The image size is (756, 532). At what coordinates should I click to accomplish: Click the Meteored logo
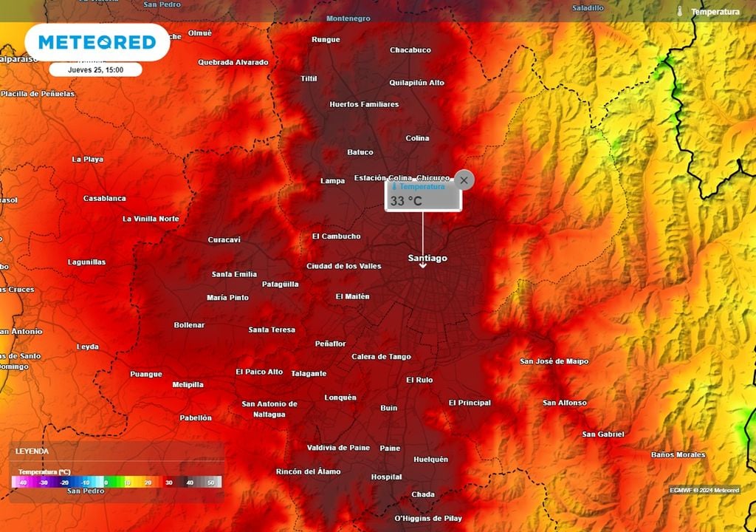97,42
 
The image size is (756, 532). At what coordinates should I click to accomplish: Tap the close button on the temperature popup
464,180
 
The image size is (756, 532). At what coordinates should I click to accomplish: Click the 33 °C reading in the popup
406,200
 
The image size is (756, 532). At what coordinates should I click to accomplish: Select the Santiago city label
427,258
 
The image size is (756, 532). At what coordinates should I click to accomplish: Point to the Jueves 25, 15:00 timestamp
95,70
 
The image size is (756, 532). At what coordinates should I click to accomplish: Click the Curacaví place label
224,239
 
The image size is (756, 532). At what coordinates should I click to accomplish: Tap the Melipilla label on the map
188,384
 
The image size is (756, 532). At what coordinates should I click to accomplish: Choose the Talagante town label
309,373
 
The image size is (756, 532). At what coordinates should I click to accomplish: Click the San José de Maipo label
554,361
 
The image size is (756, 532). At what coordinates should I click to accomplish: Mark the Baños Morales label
678,454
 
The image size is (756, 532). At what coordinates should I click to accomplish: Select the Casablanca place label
104,198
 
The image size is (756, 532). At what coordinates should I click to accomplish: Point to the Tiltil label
309,78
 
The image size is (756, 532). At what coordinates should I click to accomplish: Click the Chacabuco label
410,50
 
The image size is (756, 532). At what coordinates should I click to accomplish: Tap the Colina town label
417,138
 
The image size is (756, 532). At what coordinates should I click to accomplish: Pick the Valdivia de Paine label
338,447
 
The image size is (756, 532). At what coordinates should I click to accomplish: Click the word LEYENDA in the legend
32,451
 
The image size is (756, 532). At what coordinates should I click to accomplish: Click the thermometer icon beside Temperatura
679,12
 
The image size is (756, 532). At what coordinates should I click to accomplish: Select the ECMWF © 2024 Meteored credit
704,490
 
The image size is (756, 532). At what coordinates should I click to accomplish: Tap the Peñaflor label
330,344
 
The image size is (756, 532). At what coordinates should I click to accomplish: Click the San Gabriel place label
602,434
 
